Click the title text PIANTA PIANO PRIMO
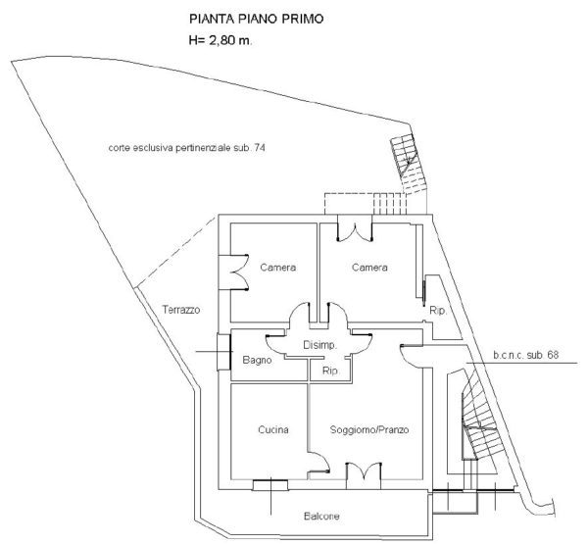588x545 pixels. coord(256,19)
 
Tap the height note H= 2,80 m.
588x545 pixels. coord(220,40)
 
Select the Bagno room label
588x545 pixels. coord(257,360)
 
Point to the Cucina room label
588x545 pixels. coord(273,429)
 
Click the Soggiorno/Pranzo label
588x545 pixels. coord(369,429)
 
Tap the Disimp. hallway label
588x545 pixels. coord(319,345)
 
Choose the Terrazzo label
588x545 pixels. coord(180,310)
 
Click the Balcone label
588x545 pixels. coord(321,517)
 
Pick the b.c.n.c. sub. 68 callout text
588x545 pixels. coord(525,355)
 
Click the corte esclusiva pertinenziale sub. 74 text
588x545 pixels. coord(187,148)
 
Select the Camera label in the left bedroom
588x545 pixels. coord(278,268)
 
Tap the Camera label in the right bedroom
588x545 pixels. coord(369,268)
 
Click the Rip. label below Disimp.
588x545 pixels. coord(330,371)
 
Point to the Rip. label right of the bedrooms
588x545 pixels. coord(438,311)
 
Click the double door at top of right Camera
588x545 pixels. coord(355,228)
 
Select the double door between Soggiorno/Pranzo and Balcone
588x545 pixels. coord(364,475)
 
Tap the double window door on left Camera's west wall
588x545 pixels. coord(233,272)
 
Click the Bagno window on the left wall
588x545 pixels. coord(223,352)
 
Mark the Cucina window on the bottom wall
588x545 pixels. coord(270,485)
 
